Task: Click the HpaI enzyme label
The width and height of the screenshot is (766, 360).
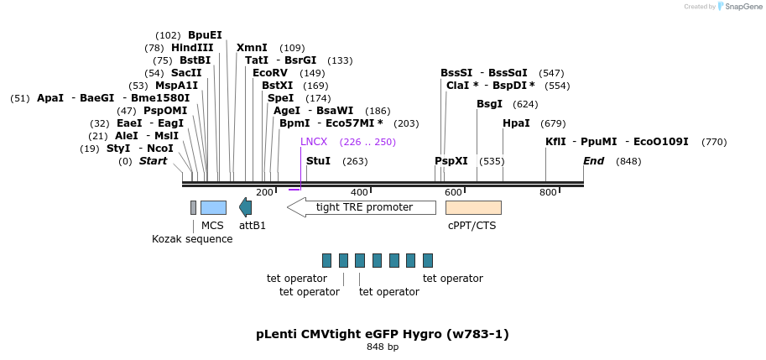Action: [516, 123]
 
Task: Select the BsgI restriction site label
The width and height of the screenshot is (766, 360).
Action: [489, 104]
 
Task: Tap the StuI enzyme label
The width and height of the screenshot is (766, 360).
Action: [318, 161]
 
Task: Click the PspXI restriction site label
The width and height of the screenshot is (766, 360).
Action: [451, 161]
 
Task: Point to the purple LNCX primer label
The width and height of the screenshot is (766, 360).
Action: [314, 142]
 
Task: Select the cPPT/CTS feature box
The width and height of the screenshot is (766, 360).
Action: [473, 207]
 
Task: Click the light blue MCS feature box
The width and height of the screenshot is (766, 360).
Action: [213, 207]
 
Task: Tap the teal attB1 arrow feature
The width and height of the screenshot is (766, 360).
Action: [245, 207]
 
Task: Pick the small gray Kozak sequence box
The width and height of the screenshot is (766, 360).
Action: [193, 207]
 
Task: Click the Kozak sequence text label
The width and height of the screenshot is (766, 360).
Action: [192, 239]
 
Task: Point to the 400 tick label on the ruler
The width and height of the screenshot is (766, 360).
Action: [359, 193]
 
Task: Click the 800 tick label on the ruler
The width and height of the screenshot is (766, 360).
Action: [548, 193]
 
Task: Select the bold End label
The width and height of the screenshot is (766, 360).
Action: [593, 161]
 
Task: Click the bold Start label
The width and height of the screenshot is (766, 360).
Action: [154, 161]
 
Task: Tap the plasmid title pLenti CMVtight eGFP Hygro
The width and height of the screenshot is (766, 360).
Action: [383, 334]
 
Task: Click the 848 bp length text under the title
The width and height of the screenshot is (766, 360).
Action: [383, 347]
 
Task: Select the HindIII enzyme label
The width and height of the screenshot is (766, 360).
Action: [192, 48]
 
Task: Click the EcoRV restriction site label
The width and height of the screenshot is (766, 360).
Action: [270, 73]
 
